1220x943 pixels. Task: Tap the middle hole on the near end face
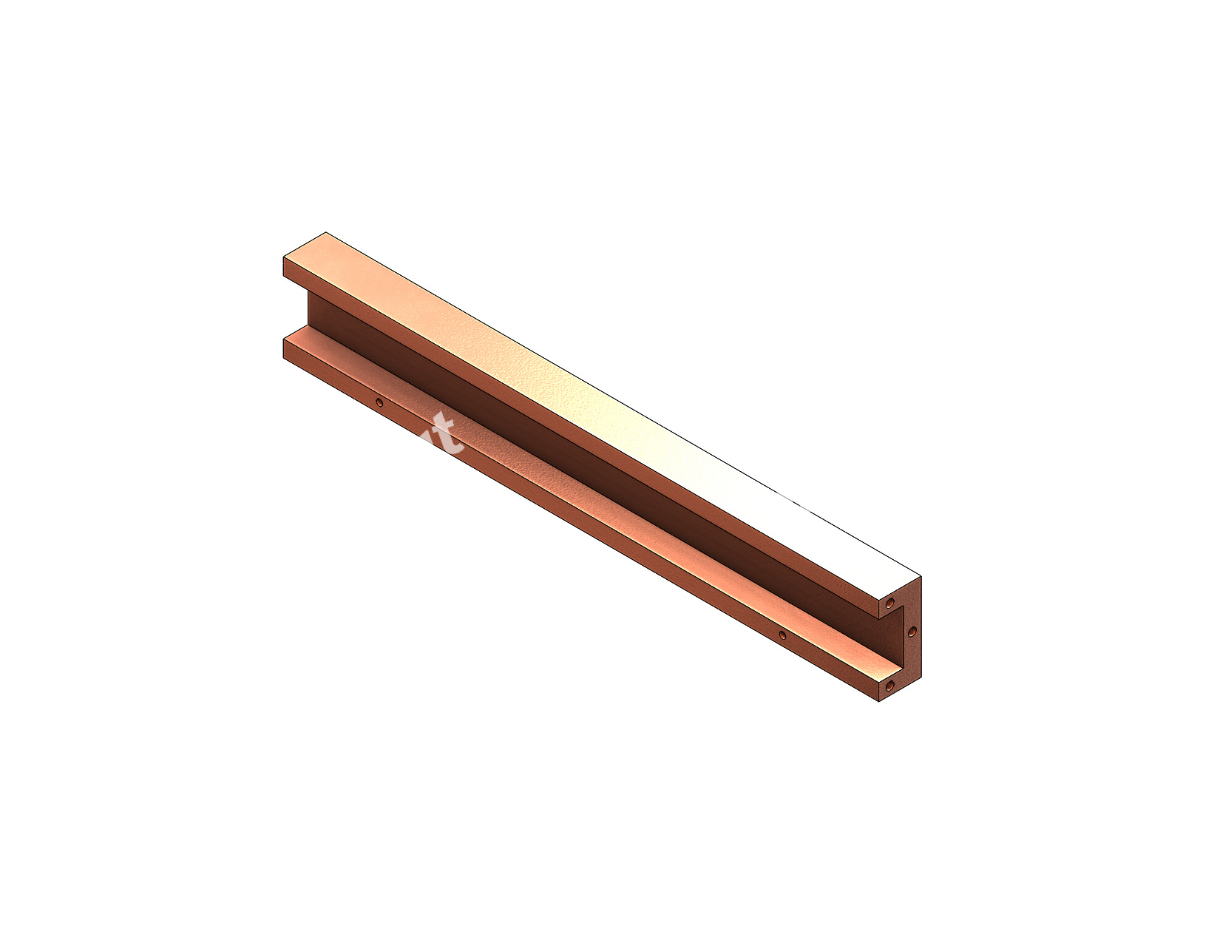pos(912,632)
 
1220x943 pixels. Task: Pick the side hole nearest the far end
pos(379,403)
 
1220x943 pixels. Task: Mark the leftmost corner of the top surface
pos(284,257)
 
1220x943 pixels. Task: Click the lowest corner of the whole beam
pos(878,702)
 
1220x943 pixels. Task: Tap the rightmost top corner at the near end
pos(921,576)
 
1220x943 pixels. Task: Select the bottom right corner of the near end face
pos(921,677)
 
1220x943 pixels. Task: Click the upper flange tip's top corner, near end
pos(878,600)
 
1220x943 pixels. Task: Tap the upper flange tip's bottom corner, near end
pos(878,619)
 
